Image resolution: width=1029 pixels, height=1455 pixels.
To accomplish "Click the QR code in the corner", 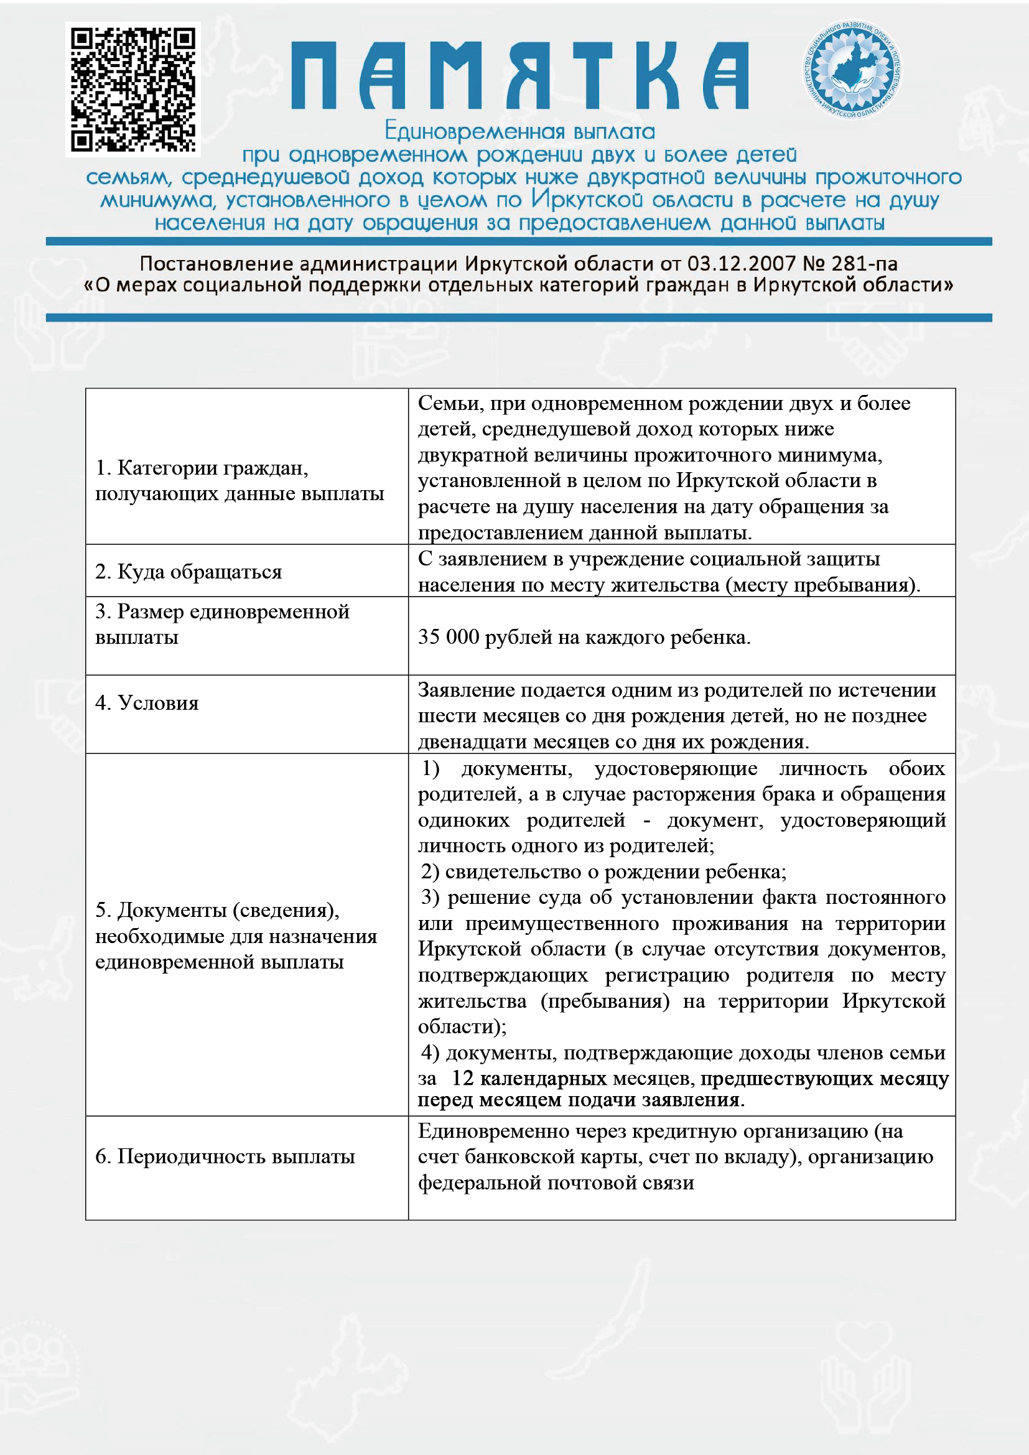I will pyautogui.click(x=133, y=90).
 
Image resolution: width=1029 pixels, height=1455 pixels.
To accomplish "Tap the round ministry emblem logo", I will pyautogui.click(x=852, y=70).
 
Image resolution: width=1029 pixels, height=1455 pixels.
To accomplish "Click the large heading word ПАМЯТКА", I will pyautogui.click(x=519, y=76).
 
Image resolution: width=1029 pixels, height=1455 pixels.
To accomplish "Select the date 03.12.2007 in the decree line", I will pyautogui.click(x=742, y=264).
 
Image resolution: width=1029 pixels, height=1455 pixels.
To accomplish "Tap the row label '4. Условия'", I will pyautogui.click(x=147, y=703).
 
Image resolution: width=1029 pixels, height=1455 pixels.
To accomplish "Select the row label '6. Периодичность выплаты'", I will pyautogui.click(x=225, y=1156).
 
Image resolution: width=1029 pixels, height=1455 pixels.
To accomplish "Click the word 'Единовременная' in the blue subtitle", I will pyautogui.click(x=474, y=132).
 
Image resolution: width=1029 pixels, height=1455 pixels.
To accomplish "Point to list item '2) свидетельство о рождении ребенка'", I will pyautogui.click(x=604, y=872).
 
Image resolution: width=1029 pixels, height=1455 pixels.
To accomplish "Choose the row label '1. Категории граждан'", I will pyautogui.click(x=202, y=468).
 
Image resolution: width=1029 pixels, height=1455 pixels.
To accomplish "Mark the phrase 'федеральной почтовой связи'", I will pyautogui.click(x=556, y=1183).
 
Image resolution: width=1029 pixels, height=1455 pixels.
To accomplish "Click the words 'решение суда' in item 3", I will pyautogui.click(x=514, y=898).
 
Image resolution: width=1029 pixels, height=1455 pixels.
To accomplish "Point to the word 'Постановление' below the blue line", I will pyautogui.click(x=216, y=264).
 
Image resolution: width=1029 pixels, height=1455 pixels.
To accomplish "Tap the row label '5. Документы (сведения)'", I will pyautogui.click(x=217, y=910).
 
